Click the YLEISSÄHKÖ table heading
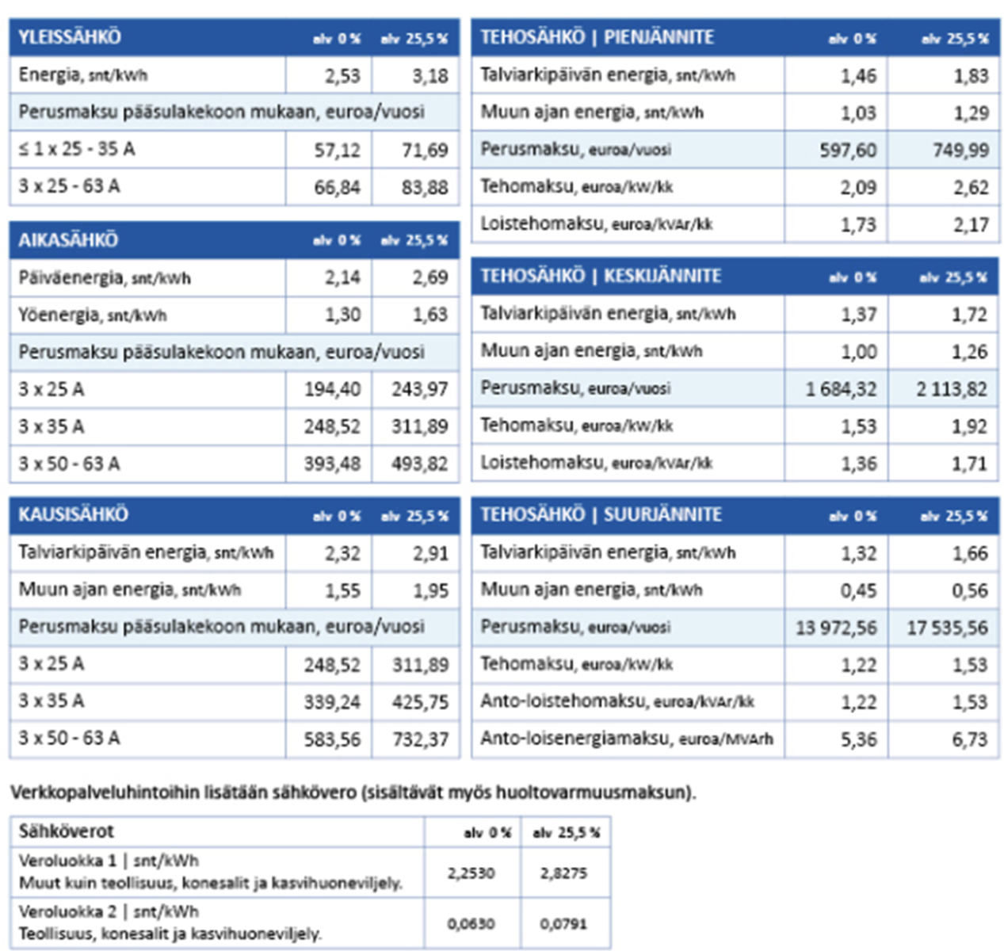[70, 37]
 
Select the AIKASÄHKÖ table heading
[68, 240]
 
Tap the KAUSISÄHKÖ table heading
[73, 514]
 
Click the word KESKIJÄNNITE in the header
[662, 276]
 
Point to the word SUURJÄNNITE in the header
[662, 514]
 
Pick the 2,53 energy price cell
[342, 76]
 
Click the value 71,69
[425, 150]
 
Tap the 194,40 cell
[332, 389]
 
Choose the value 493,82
[419, 464]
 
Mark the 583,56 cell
[332, 739]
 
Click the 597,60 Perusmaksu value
[848, 151]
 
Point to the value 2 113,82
[952, 389]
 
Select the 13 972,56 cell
[836, 628]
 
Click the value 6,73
[970, 739]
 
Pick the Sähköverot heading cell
[67, 831]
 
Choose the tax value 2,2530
[471, 873]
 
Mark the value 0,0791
[563, 924]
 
